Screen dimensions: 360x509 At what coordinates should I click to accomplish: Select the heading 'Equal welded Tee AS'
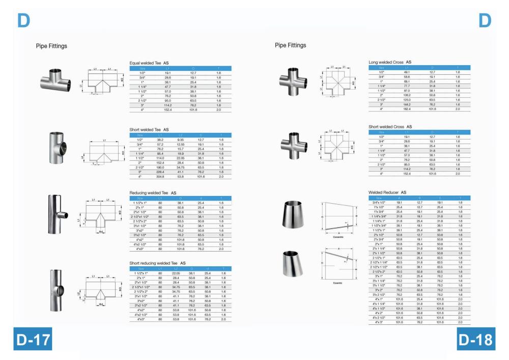pyautogui.click(x=149, y=63)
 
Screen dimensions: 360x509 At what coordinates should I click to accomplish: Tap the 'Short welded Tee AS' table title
pyautogui.click(x=149, y=130)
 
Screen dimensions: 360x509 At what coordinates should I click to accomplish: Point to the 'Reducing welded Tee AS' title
pyautogui.click(x=153, y=193)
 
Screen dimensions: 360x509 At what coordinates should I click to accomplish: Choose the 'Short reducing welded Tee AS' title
pyautogui.click(x=157, y=263)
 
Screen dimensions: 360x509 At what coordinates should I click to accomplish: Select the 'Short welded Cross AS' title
pyautogui.click(x=390, y=126)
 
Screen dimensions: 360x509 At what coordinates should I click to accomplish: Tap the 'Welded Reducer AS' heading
pyautogui.click(x=387, y=192)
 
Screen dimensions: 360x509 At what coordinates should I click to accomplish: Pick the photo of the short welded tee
pyautogui.click(x=55, y=146)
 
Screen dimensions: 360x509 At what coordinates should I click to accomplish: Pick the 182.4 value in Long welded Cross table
pyautogui.click(x=407, y=109)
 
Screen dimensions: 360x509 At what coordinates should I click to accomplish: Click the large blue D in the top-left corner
pyautogui.click(x=23, y=20)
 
